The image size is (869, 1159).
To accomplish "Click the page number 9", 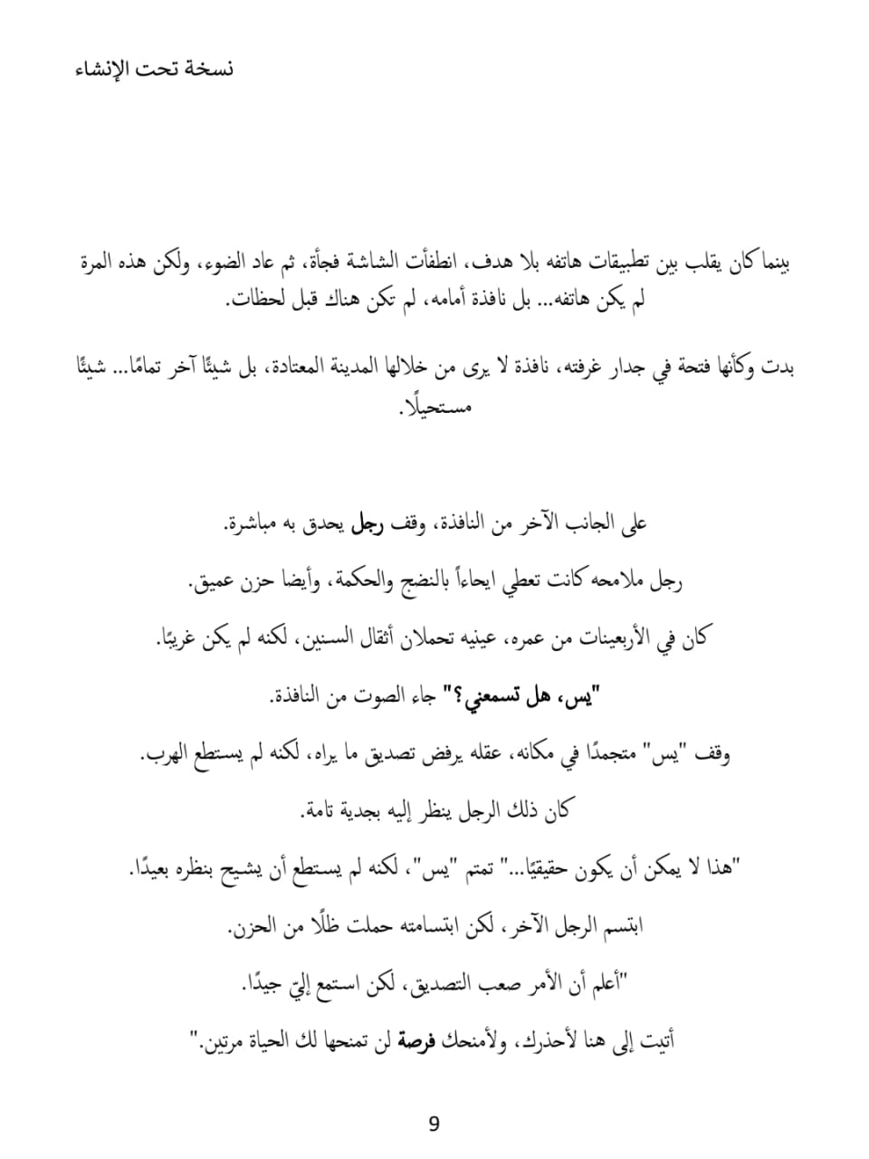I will (434, 1125).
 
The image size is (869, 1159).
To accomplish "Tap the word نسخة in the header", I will (207, 70).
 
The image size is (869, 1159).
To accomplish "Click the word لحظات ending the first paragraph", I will (255, 300).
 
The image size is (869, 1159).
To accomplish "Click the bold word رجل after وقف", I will (368, 523).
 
